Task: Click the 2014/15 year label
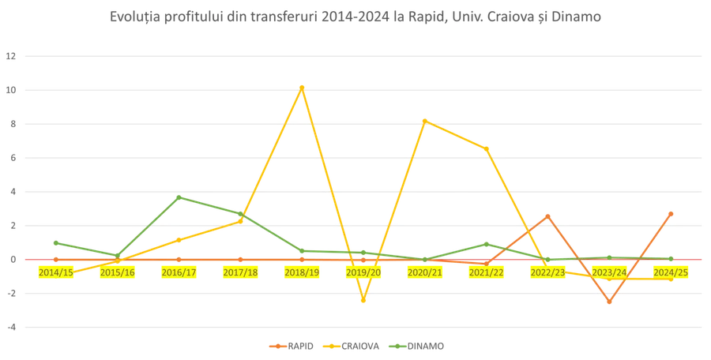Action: pyautogui.click(x=55, y=272)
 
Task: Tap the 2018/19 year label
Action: pyautogui.click(x=303, y=272)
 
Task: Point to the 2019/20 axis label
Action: pyautogui.click(x=364, y=272)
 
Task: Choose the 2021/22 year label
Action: pyautogui.click(x=487, y=272)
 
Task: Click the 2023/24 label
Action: pyautogui.click(x=611, y=272)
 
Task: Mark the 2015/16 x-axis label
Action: pyautogui.click(x=117, y=272)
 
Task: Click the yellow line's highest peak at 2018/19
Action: pyautogui.click(x=302, y=86)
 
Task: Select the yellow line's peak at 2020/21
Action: pyautogui.click(x=426, y=120)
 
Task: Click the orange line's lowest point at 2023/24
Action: pyautogui.click(x=610, y=303)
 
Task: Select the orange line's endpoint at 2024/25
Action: pyautogui.click(x=672, y=212)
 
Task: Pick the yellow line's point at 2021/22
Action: pyautogui.click(x=487, y=148)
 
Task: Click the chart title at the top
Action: pyautogui.click(x=355, y=17)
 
